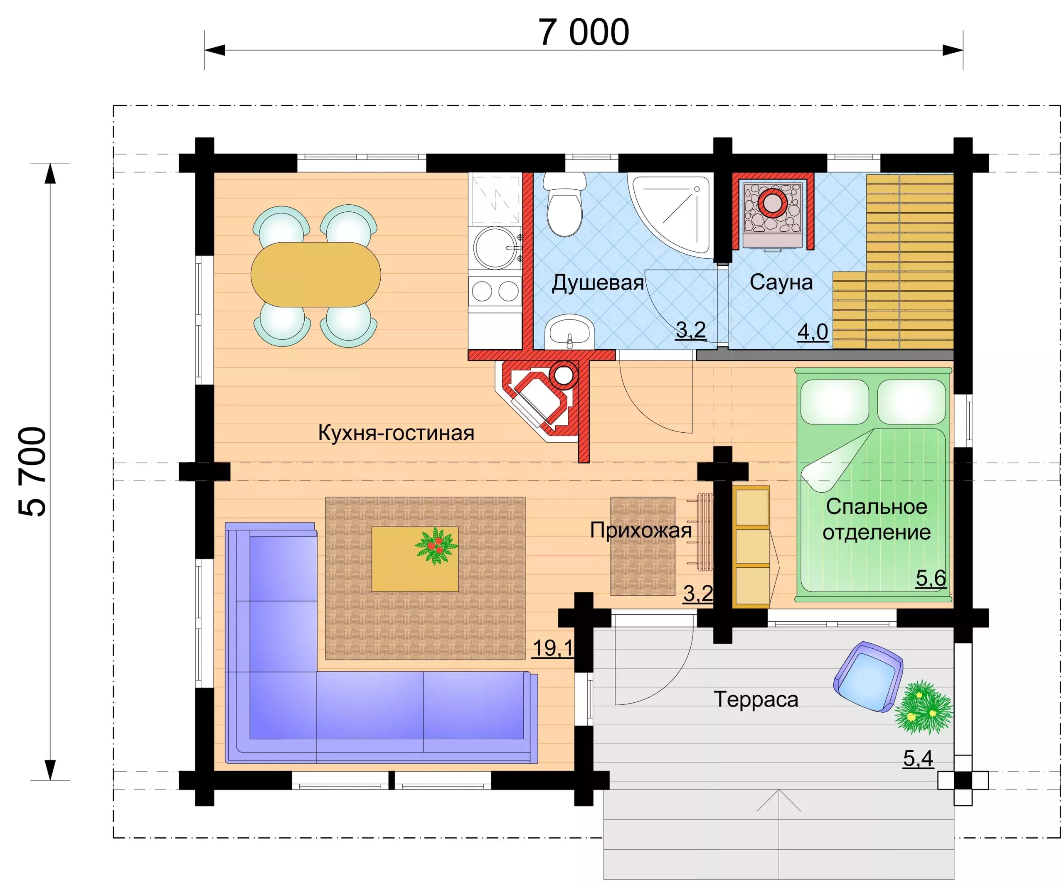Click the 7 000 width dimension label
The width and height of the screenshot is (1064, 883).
coord(583,32)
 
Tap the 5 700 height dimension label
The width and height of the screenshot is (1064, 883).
coord(32,471)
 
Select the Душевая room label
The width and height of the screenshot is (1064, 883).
coord(598,282)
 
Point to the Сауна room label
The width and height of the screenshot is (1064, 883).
coord(781,282)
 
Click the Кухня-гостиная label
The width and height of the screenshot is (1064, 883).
coord(396,433)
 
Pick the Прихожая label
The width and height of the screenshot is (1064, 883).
coord(641,530)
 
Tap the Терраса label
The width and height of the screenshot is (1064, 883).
coord(756,699)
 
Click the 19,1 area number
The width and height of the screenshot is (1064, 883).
coord(553,648)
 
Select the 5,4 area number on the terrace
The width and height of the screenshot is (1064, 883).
coord(918,758)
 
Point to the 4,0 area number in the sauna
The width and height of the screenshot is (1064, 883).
coord(813,332)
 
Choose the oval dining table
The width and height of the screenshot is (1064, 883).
coord(315,275)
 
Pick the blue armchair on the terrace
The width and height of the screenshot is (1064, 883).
coord(868,677)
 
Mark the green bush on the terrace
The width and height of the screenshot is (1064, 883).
coord(923,707)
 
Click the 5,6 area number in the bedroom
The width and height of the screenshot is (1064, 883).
coord(931,578)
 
